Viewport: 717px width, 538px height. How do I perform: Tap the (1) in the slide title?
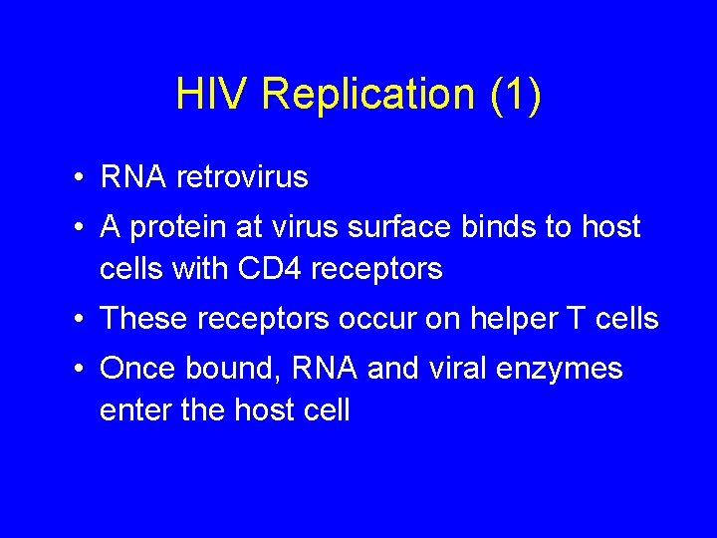(x=515, y=95)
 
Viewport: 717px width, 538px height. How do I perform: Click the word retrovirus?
(x=242, y=177)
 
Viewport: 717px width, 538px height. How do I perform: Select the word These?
(x=142, y=319)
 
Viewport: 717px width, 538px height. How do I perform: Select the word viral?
(x=466, y=370)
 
